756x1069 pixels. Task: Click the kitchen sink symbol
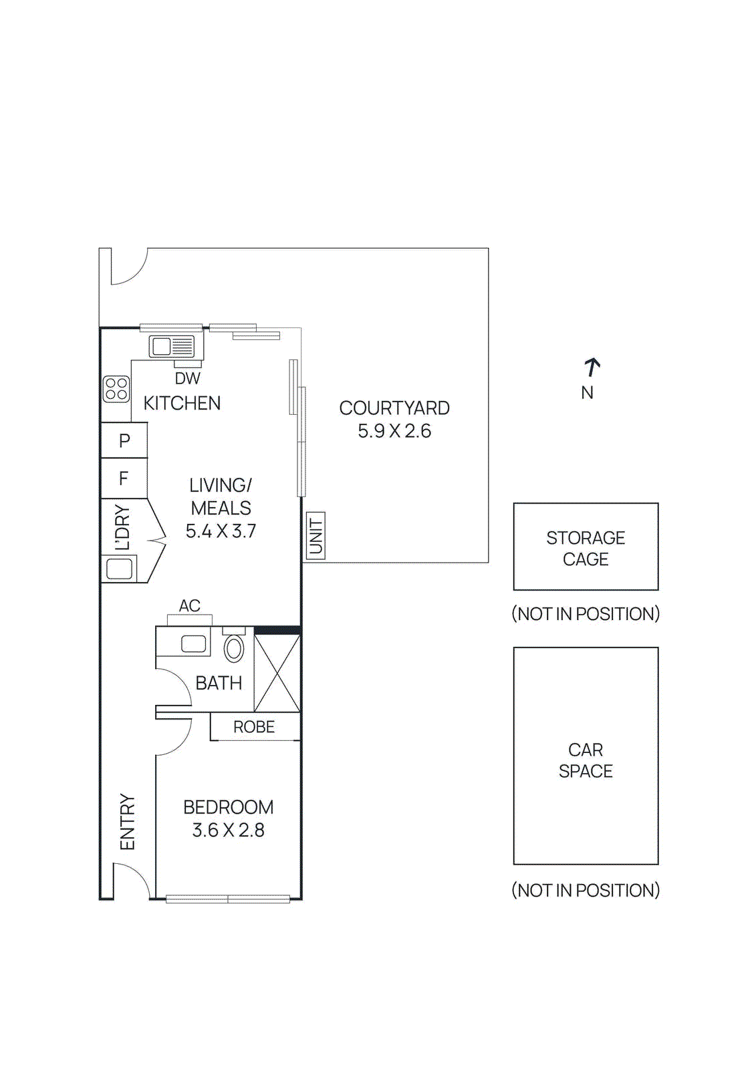tap(172, 346)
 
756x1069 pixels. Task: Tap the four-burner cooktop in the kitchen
tap(116, 389)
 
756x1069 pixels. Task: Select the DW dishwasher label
tap(187, 378)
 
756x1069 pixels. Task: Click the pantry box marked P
tap(124, 440)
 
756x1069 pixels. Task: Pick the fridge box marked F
tap(124, 478)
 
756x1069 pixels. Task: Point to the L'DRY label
tap(122, 528)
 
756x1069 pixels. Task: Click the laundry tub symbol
tap(120, 569)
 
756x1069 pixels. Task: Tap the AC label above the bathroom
tap(189, 606)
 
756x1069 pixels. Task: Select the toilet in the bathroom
tap(233, 647)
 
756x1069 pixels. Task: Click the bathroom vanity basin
tap(194, 644)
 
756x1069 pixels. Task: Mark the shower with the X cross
tap(277, 673)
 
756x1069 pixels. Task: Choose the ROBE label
tap(254, 727)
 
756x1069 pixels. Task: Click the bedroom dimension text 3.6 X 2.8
tap(228, 830)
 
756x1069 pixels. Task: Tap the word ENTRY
tap(127, 822)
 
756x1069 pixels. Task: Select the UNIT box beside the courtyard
tap(316, 535)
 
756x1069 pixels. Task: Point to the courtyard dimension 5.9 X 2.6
tap(394, 431)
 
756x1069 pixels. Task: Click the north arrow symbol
tap(592, 367)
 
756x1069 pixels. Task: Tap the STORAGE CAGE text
tap(586, 548)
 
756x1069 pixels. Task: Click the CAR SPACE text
tap(586, 760)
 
